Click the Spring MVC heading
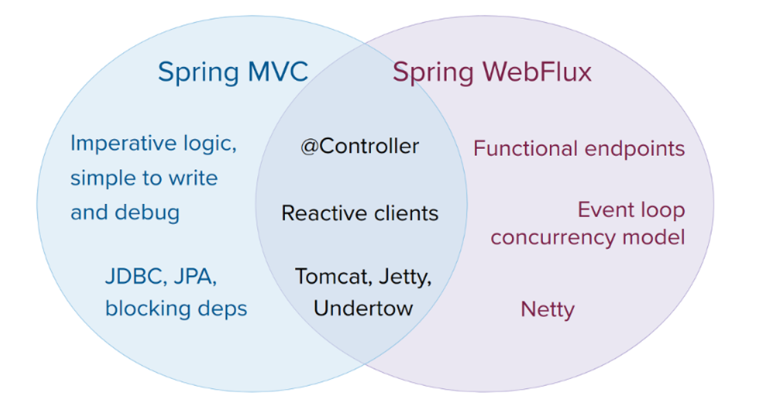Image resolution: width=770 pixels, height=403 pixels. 233,72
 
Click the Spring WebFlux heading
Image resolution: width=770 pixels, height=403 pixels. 492,72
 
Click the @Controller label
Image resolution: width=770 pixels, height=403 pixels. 359,147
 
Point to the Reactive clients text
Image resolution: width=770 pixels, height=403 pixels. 360,213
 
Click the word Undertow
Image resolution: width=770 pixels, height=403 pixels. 363,307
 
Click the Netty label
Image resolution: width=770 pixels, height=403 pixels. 547,309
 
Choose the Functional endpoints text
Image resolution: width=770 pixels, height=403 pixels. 579,148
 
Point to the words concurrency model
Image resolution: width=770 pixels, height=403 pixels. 588,237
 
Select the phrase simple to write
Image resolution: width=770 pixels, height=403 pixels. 144,178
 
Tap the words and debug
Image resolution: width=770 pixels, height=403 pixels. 125,212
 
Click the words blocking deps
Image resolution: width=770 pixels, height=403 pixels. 176,308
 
